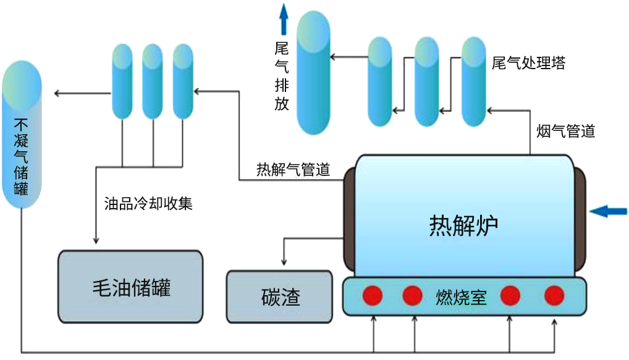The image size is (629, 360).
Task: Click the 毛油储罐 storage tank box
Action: (x=130, y=287)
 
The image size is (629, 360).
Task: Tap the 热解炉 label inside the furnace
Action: (x=463, y=225)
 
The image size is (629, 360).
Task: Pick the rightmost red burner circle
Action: (x=554, y=295)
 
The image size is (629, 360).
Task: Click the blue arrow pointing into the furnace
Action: (x=608, y=212)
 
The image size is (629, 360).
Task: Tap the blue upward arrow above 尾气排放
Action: (x=284, y=19)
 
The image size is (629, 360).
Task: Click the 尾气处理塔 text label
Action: (x=528, y=63)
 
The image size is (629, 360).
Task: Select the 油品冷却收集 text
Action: (x=149, y=203)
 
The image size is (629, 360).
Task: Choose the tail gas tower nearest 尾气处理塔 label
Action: (x=474, y=80)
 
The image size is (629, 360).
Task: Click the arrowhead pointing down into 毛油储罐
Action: (x=96, y=241)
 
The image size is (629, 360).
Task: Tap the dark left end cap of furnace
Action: (x=347, y=219)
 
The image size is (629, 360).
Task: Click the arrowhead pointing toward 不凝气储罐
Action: (x=57, y=93)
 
